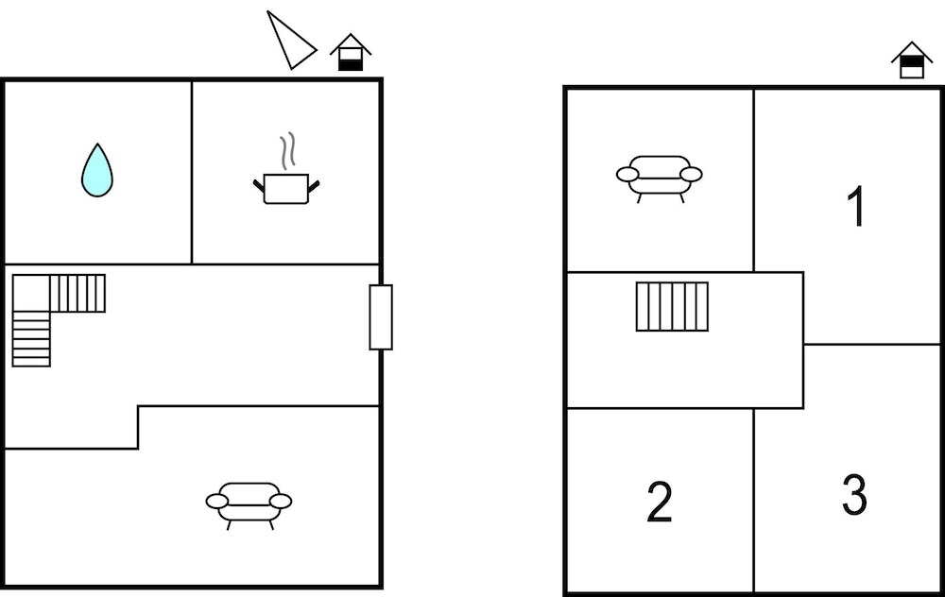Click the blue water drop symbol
pyautogui.click(x=97, y=170)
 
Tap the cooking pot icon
pyautogui.click(x=286, y=189)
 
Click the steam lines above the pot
pyautogui.click(x=288, y=150)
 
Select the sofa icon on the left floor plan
pyautogui.click(x=249, y=504)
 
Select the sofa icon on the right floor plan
pyautogui.click(x=660, y=179)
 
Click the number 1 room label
pyautogui.click(x=856, y=206)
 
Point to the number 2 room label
pyautogui.click(x=660, y=502)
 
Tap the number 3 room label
pyautogui.click(x=854, y=495)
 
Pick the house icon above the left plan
pyautogui.click(x=351, y=52)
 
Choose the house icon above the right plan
pyautogui.click(x=912, y=60)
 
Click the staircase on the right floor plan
pyautogui.click(x=672, y=307)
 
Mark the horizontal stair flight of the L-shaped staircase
pyautogui.click(x=77, y=294)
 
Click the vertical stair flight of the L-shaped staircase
pyautogui.click(x=31, y=339)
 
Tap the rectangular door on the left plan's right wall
pyautogui.click(x=381, y=316)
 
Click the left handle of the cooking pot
pyautogui.click(x=259, y=185)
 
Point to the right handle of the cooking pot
pyautogui.click(x=314, y=185)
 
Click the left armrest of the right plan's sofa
pyautogui.click(x=627, y=175)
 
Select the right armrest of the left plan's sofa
pyautogui.click(x=281, y=502)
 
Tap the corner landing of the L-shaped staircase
pyautogui.click(x=31, y=294)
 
